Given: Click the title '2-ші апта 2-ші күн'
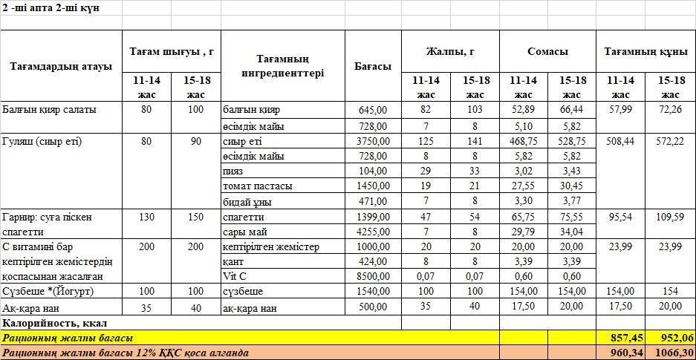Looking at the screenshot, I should [51, 7].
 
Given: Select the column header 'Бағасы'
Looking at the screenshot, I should [372, 66].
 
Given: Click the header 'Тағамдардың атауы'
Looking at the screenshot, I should [61, 66].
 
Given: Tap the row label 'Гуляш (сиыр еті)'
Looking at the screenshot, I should [42, 141].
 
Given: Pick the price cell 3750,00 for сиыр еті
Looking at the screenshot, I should [372, 141].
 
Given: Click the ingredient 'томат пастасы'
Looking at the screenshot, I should [257, 186].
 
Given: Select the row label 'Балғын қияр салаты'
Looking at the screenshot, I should [49, 109].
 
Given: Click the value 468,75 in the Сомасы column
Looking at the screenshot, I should [523, 141].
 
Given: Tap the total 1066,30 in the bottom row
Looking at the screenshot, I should [673, 353].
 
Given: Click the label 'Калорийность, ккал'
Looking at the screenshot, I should [55, 323].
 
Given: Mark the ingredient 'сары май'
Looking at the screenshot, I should [242, 232].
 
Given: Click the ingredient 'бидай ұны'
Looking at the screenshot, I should [247, 200].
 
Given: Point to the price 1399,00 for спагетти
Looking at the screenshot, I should [372, 217].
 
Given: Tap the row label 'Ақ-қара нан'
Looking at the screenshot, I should [31, 307].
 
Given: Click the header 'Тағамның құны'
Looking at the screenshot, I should [645, 52].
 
